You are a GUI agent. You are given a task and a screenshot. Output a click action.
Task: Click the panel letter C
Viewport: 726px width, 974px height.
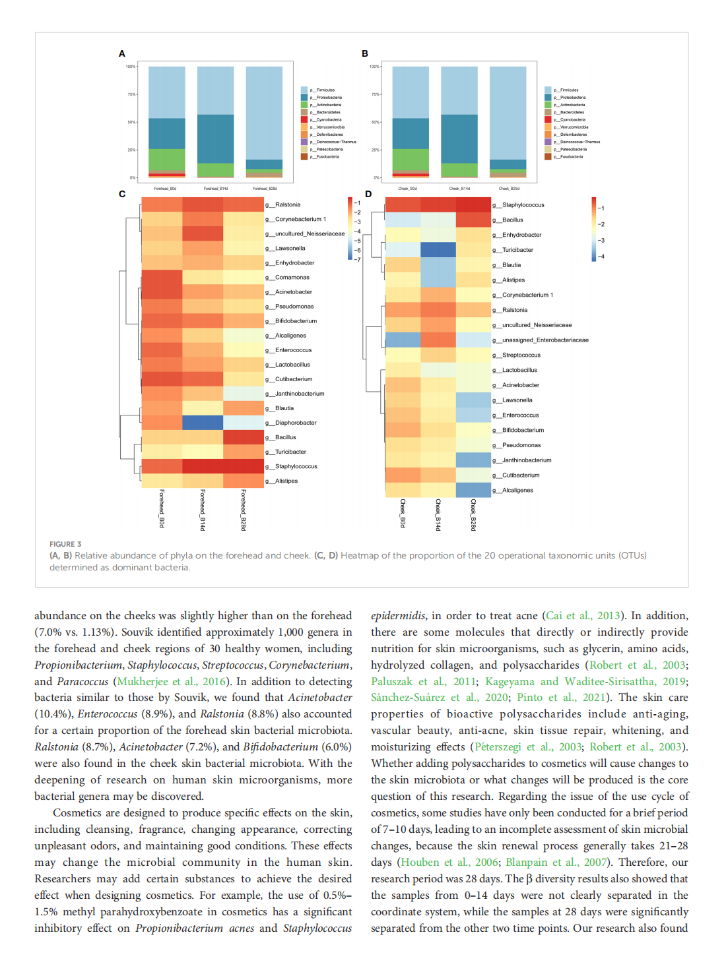click(x=122, y=194)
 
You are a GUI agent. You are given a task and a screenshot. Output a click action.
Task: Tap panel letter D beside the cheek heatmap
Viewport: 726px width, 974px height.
click(x=368, y=194)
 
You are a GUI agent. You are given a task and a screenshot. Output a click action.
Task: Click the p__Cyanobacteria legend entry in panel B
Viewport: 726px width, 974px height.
click(x=569, y=119)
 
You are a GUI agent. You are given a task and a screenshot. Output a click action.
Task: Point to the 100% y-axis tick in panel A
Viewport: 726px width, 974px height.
click(x=131, y=67)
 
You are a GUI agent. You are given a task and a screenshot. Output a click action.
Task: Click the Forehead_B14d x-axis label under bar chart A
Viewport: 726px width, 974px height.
click(x=215, y=189)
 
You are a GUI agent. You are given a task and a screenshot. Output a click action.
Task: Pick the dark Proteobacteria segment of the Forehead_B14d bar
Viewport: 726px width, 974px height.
click(x=215, y=138)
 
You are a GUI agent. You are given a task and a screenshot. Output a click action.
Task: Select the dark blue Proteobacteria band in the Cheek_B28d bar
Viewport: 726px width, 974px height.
click(x=508, y=164)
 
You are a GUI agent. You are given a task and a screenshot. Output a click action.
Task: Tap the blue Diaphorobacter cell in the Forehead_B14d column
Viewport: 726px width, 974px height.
click(x=203, y=423)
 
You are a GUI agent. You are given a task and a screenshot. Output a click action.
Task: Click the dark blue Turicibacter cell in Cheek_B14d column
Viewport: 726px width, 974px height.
click(x=438, y=250)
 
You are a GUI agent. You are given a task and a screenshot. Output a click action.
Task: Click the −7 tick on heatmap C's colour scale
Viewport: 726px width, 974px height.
click(x=357, y=259)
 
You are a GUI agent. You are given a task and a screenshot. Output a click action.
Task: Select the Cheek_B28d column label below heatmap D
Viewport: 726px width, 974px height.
click(x=473, y=514)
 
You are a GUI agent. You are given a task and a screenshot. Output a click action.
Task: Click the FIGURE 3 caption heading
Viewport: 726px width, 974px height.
click(x=65, y=544)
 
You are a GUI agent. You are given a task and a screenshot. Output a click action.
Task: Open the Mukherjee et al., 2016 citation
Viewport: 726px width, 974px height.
click(x=172, y=681)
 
